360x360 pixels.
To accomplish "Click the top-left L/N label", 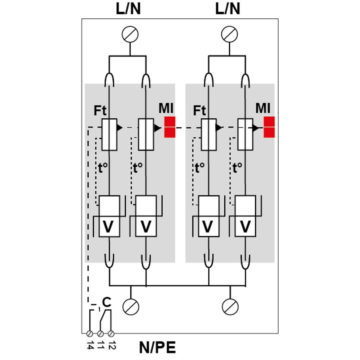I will click(x=129, y=9).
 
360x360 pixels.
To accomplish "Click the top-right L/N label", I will click(x=228, y=9).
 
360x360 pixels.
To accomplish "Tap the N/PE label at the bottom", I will click(x=158, y=348).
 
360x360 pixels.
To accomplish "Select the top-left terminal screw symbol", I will click(x=130, y=35).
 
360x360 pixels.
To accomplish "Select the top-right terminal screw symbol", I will click(x=229, y=35).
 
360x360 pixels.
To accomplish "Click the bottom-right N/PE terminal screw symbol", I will click(x=229, y=307).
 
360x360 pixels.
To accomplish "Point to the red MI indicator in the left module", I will click(x=170, y=127).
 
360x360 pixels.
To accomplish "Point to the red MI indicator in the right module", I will click(x=269, y=127).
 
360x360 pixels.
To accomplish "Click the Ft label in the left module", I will click(x=100, y=111).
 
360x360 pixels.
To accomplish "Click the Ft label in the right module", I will click(x=199, y=111).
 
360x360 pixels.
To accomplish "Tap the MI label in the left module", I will click(x=166, y=108).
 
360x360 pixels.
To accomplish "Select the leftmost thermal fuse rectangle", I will click(x=109, y=134).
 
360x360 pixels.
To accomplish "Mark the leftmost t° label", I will click(x=103, y=168).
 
